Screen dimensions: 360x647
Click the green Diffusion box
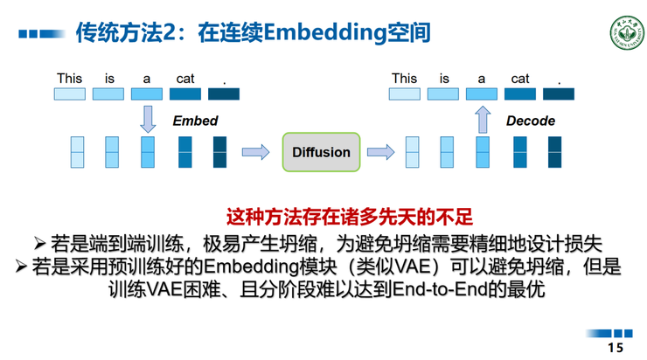tap(321, 152)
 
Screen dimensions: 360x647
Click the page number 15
tap(616, 348)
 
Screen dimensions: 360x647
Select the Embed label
tap(195, 121)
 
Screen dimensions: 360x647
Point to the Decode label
tap(531, 121)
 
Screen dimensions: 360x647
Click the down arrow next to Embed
tap(148, 119)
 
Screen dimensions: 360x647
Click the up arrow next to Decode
tap(482, 119)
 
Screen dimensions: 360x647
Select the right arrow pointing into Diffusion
tap(255, 153)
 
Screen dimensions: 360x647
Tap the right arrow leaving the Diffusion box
tap(380, 153)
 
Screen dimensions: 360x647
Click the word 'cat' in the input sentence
tap(185, 79)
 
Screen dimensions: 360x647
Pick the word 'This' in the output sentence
tap(404, 79)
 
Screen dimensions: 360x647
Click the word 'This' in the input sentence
tap(69, 79)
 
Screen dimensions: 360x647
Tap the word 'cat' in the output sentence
tap(520, 79)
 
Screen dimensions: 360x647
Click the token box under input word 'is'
tap(108, 93)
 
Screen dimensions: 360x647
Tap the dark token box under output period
tap(559, 93)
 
